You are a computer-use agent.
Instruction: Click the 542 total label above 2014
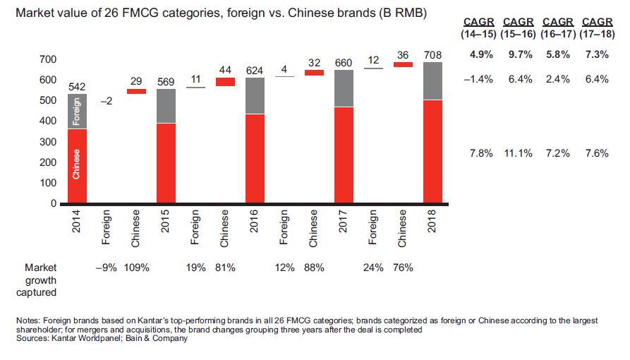click(77, 86)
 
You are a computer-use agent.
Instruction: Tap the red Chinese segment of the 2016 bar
click(255, 158)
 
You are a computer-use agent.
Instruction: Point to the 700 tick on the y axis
click(47, 59)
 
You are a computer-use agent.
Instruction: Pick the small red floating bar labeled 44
click(225, 82)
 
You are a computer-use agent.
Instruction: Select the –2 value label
click(107, 102)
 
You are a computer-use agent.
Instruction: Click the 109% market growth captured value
click(136, 268)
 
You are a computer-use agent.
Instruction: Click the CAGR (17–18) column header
click(595, 28)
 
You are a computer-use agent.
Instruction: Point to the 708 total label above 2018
click(432, 54)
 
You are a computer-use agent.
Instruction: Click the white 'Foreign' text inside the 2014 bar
click(77, 112)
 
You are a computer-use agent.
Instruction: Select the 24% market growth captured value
click(373, 268)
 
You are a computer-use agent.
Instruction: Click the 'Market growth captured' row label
click(40, 280)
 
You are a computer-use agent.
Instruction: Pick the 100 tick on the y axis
click(47, 183)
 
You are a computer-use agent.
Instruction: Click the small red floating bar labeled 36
click(403, 64)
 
